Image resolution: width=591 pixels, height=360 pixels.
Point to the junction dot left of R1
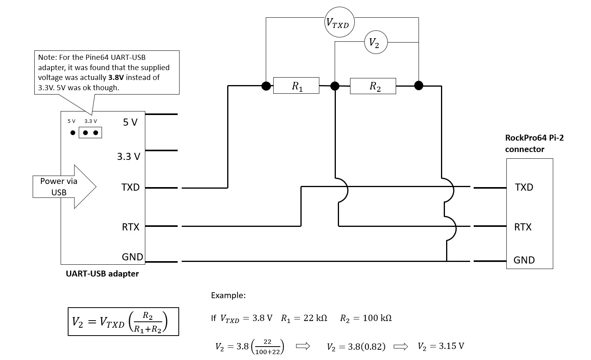click(266, 86)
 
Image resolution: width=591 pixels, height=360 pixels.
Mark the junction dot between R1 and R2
click(335, 86)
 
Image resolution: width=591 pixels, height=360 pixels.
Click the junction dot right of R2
click(419, 85)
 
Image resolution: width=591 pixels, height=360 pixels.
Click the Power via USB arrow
click(65, 187)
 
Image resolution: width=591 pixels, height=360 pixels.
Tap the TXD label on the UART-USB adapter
click(130, 187)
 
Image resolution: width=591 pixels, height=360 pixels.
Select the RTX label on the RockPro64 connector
click(522, 227)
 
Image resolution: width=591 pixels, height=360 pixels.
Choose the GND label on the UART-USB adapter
click(132, 257)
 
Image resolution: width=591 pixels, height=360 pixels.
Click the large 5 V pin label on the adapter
click(130, 122)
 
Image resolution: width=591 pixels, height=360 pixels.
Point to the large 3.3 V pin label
click(128, 156)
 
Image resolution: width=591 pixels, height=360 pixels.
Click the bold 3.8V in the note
click(116, 77)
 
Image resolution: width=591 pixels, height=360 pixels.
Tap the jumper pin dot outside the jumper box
click(73, 133)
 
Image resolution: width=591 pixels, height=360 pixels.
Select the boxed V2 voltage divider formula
click(123, 321)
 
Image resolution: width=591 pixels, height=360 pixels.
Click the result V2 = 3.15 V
click(441, 346)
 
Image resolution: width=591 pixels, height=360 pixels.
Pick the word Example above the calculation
click(228, 295)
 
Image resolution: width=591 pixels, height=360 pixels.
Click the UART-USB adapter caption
click(102, 274)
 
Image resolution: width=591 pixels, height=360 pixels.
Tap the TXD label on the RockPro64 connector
click(524, 187)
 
